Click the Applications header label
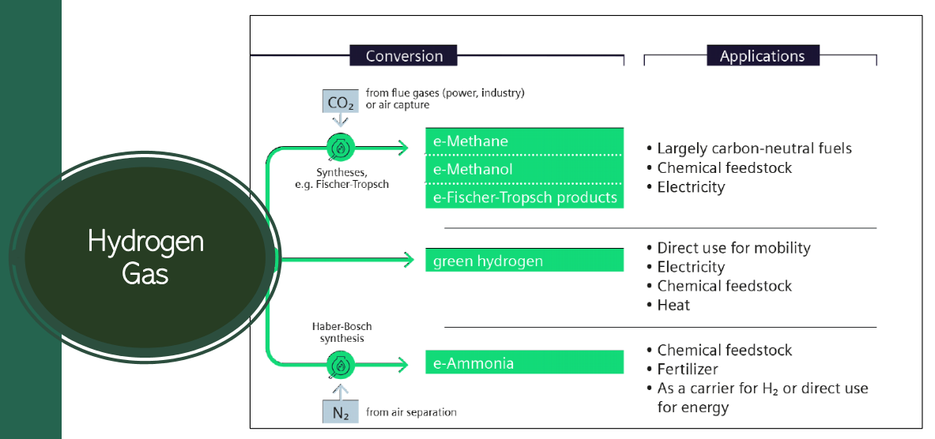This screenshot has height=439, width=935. point(762,56)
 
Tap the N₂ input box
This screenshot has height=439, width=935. point(340,411)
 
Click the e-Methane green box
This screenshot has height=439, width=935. point(524,141)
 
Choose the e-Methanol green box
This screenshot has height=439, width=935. point(524,169)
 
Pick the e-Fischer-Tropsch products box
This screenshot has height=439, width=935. point(524,197)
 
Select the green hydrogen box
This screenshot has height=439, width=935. point(524,261)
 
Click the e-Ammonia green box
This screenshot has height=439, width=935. point(524,363)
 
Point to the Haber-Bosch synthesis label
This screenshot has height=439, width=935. point(341,332)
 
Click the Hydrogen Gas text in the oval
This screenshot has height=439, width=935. point(145,257)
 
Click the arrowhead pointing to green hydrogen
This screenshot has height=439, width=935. point(409,259)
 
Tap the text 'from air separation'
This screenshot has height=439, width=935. point(411,412)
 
